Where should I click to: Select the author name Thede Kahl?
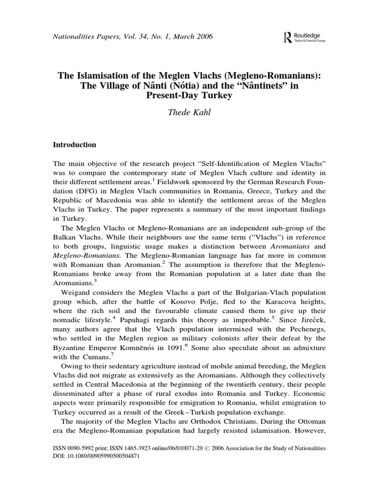(187, 113)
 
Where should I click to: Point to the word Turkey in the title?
(210, 96)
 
